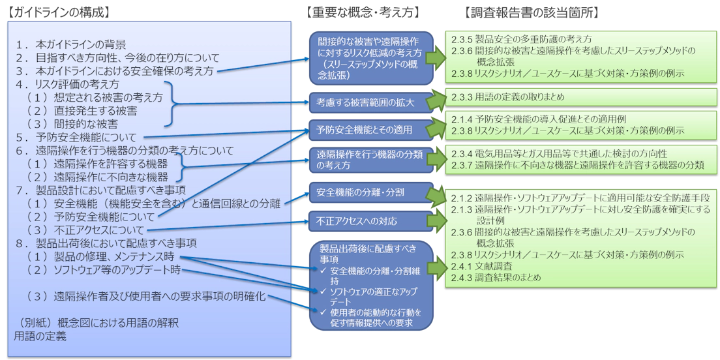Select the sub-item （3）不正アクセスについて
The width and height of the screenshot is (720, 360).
coord(85,230)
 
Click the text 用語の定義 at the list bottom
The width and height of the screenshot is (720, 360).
coord(40,337)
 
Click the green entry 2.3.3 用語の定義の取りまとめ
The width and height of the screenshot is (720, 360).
coord(508,97)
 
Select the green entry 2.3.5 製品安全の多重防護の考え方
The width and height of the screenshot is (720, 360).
coord(522,39)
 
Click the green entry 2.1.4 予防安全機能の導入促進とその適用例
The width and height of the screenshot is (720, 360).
coord(542,120)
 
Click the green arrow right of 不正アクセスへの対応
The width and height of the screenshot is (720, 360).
coord(433,221)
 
